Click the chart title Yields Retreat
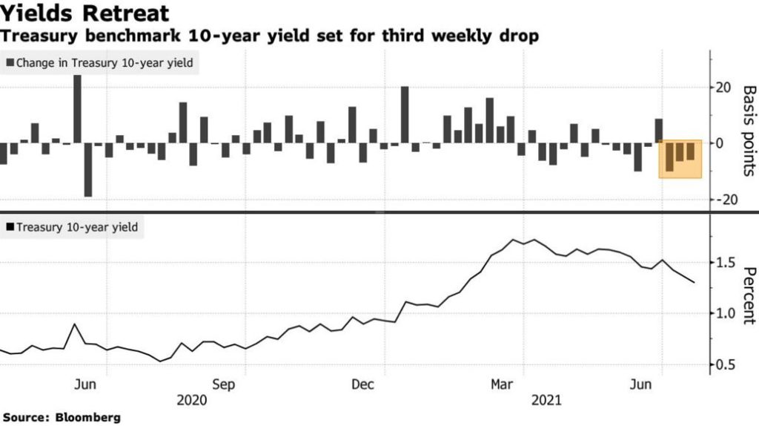[x=85, y=13]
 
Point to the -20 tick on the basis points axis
[x=722, y=199]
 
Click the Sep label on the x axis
[x=223, y=384]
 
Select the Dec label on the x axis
[x=362, y=384]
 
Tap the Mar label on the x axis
[x=503, y=384]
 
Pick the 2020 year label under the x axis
[x=192, y=400]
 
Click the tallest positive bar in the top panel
[x=77, y=108]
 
